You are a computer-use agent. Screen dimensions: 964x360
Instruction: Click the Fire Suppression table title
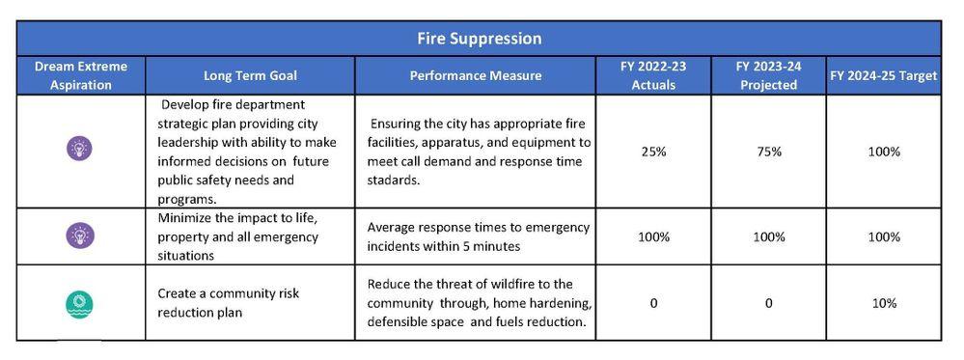click(x=479, y=39)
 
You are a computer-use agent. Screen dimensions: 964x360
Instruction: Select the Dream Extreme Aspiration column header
click(x=80, y=75)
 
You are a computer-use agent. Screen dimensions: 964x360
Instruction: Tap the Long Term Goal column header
click(x=250, y=75)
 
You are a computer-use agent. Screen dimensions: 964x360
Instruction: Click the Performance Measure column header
click(x=475, y=75)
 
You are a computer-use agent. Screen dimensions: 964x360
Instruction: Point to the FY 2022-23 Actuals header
click(x=653, y=75)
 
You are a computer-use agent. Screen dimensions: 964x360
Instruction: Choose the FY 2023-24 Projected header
click(x=768, y=75)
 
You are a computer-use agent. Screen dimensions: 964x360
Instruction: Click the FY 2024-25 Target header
click(x=884, y=75)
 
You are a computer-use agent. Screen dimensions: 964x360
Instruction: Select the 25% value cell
click(x=653, y=152)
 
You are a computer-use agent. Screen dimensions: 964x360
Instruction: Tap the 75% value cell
click(x=768, y=152)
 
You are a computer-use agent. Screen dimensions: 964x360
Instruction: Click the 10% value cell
click(x=884, y=303)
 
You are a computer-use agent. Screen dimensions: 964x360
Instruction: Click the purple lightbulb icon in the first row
click(x=79, y=149)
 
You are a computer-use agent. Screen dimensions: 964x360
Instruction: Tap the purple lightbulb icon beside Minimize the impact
click(x=79, y=235)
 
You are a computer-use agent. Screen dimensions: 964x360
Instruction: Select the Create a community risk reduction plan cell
click(x=228, y=303)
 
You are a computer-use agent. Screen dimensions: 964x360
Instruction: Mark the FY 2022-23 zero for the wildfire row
click(x=653, y=303)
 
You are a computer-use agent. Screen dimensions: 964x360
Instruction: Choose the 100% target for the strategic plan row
click(x=884, y=152)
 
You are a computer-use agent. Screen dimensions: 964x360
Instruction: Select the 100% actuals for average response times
click(x=653, y=236)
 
